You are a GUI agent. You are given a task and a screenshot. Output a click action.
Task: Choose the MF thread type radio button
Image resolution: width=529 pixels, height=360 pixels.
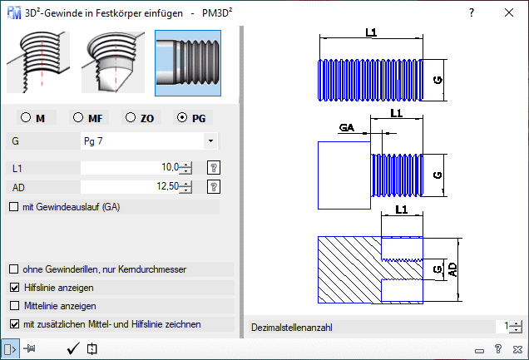click(78, 118)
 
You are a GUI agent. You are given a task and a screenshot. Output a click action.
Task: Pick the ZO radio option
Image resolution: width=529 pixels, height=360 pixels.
click(131, 118)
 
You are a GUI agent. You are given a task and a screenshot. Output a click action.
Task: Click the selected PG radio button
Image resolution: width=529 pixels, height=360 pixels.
click(183, 118)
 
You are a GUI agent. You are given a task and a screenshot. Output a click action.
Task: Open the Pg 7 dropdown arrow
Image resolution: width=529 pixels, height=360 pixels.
click(210, 141)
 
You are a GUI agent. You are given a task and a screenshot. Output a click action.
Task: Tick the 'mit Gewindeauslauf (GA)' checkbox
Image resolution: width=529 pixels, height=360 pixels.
click(14, 206)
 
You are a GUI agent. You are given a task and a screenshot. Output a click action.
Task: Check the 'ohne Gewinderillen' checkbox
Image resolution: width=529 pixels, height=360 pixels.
click(14, 269)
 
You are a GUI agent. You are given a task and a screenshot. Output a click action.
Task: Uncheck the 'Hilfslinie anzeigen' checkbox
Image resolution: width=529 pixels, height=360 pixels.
click(14, 288)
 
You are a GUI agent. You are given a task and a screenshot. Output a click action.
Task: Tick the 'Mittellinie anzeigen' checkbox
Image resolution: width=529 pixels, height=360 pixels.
click(14, 306)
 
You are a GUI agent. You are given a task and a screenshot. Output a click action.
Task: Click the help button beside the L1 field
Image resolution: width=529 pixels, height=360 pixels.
click(213, 168)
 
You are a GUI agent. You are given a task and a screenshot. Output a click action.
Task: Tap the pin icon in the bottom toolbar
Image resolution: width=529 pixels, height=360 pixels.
click(31, 349)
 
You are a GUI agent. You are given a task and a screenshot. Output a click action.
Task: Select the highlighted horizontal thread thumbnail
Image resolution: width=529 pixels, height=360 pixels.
click(188, 62)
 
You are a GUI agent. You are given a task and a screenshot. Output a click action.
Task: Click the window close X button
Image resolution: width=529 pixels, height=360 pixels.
click(509, 12)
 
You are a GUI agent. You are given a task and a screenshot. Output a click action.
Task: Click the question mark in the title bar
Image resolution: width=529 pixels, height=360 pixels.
click(471, 12)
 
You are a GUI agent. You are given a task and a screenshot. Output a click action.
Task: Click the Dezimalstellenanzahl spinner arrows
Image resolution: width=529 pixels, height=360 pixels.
click(517, 328)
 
